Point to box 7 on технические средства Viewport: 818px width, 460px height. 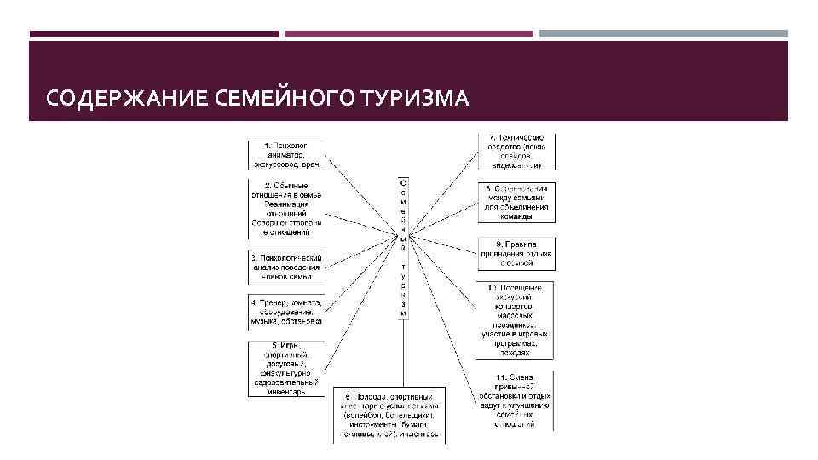[515, 152]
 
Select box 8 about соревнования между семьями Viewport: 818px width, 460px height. [515, 202]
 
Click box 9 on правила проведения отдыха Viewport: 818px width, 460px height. [515, 253]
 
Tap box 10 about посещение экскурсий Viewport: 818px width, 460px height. [515, 319]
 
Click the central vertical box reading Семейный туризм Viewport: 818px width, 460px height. [403, 248]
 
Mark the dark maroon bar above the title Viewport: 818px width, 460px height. [153, 34]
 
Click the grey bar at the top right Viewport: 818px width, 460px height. [663, 34]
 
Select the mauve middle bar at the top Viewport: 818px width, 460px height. [408, 34]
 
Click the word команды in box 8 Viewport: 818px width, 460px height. [515, 216]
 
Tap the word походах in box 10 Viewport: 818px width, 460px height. [515, 350]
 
